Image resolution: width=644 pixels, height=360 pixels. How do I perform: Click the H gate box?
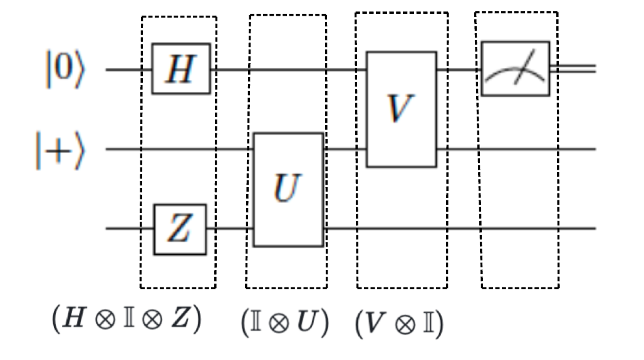coord(180,69)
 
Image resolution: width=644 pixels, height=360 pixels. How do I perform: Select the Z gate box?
coord(180,229)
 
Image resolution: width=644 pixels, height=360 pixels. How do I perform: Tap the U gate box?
coord(288,189)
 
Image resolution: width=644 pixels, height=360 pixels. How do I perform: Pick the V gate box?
coord(400,110)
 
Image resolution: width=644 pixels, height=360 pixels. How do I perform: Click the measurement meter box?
coord(515,69)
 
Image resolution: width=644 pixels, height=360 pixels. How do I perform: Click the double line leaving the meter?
coord(573,69)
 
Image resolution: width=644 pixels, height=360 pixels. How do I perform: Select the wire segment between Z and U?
coord(229,229)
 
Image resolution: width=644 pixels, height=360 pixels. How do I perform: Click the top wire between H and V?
coord(288,69)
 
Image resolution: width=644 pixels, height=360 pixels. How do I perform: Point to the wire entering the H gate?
coord(128,69)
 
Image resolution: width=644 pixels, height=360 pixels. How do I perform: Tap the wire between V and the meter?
coord(459,69)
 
